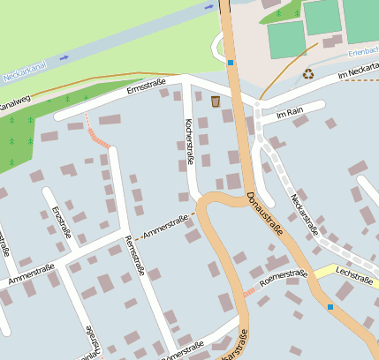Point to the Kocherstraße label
(x=189, y=142)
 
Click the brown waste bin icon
(x=216, y=102)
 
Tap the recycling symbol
(x=308, y=75)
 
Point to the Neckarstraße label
(x=305, y=214)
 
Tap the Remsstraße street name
(x=134, y=257)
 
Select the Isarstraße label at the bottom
(x=237, y=346)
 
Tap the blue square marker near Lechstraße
(x=330, y=306)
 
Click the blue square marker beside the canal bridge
(x=231, y=63)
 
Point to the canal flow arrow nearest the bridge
(x=209, y=7)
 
